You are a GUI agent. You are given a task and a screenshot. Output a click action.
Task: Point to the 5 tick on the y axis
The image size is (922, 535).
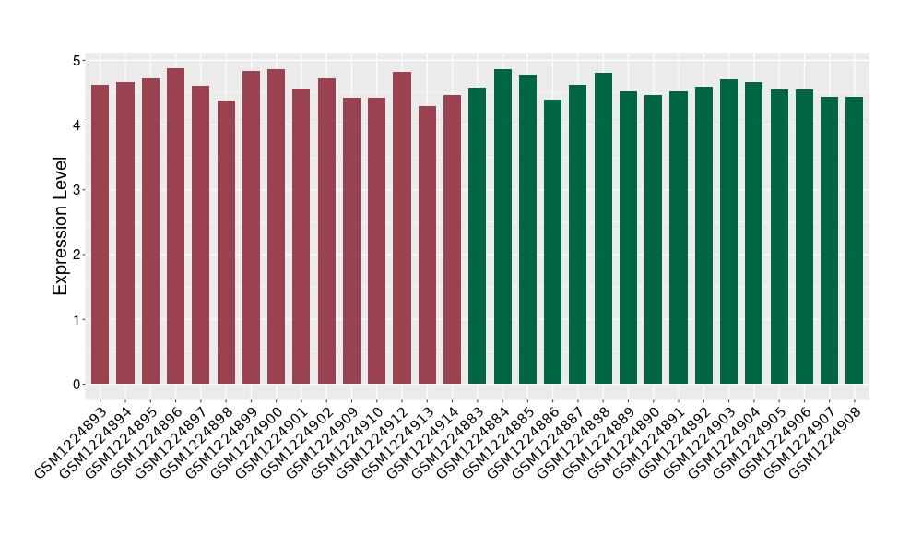[78, 60]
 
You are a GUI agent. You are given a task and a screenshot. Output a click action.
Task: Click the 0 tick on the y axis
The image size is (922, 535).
[78, 384]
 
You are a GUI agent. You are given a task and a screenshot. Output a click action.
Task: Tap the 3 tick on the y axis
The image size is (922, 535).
[78, 190]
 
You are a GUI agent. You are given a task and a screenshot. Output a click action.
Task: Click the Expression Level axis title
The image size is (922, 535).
[61, 225]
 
